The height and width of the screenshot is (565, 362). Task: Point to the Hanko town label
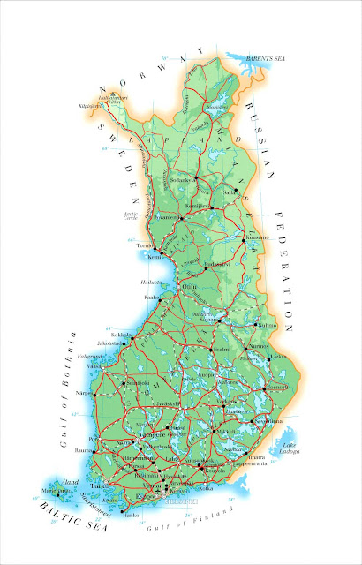coord(132,513)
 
